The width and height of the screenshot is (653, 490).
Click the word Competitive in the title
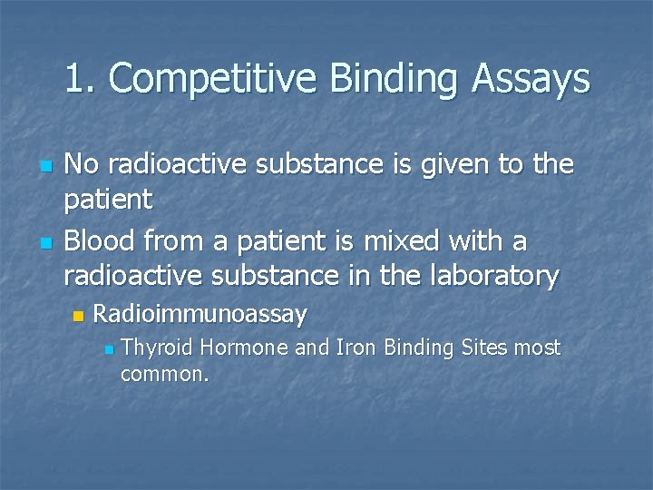(214, 80)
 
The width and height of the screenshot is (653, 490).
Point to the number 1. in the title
(81, 80)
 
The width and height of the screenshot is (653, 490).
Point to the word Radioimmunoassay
(200, 315)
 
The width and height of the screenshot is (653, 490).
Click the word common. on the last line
(165, 373)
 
